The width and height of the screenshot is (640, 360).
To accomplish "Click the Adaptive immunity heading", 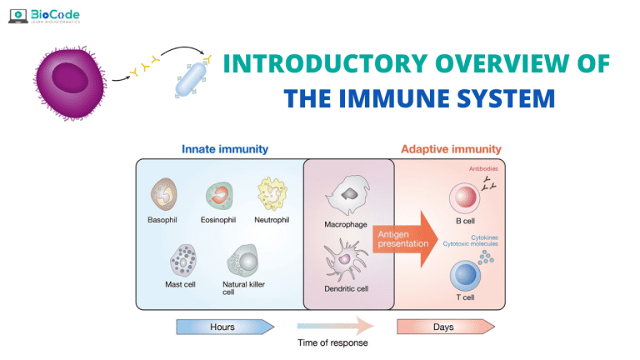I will (452, 149).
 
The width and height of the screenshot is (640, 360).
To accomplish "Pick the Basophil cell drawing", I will (164, 196).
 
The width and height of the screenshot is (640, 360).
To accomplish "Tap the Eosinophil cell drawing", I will (219, 196).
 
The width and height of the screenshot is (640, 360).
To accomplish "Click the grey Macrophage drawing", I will (347, 197).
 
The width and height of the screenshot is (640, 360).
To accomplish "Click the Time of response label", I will (332, 342).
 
